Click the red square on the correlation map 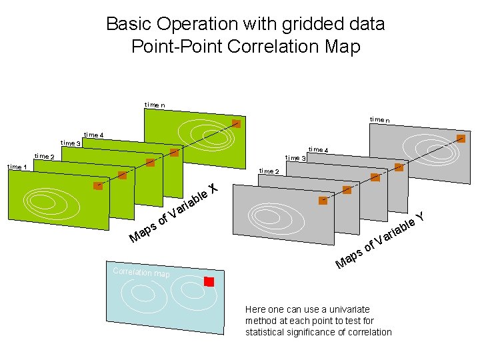coord(209,282)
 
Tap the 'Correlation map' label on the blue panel coord(141,273)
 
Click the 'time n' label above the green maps coord(155,104)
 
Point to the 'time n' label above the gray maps coord(380,119)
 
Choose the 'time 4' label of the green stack coord(94,135)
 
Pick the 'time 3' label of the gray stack coord(295,158)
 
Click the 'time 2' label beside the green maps coord(45,157)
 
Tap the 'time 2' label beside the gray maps coord(269,172)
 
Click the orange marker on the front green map coord(98,186)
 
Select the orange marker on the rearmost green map coord(235,123)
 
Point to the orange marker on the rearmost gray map coord(461,139)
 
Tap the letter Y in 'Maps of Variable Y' coord(421,216)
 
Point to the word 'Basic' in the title coord(129,25)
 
